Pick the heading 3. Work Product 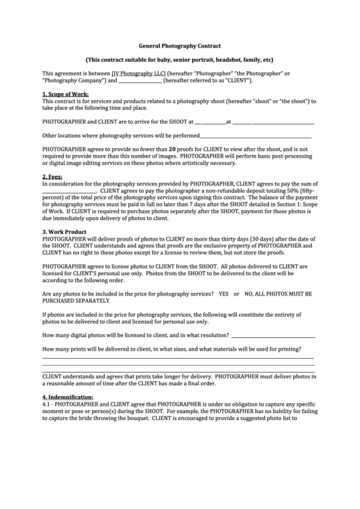(x=64, y=232)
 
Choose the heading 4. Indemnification (x=68, y=396)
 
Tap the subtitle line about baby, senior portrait (x=179, y=59)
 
